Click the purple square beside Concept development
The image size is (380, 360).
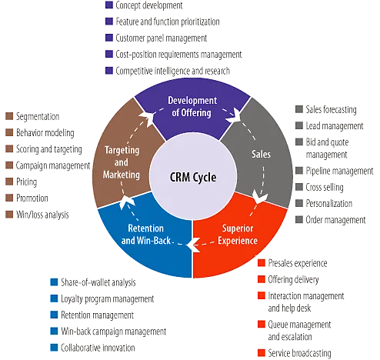coord(109,6)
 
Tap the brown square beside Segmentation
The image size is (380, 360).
coord(9,116)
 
